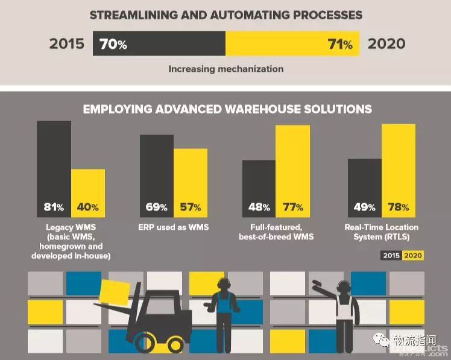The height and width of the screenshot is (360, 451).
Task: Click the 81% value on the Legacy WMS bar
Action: click(x=54, y=207)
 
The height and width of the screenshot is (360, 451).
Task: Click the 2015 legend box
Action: click(x=391, y=256)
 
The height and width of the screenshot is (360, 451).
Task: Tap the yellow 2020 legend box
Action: click(x=413, y=256)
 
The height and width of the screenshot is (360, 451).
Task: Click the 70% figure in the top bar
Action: click(x=114, y=44)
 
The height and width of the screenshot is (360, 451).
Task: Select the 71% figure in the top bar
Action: click(x=340, y=44)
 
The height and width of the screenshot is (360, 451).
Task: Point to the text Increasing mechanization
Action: click(x=226, y=69)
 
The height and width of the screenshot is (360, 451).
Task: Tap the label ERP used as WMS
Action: click(x=174, y=227)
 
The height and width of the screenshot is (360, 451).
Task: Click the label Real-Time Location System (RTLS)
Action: click(x=381, y=232)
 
